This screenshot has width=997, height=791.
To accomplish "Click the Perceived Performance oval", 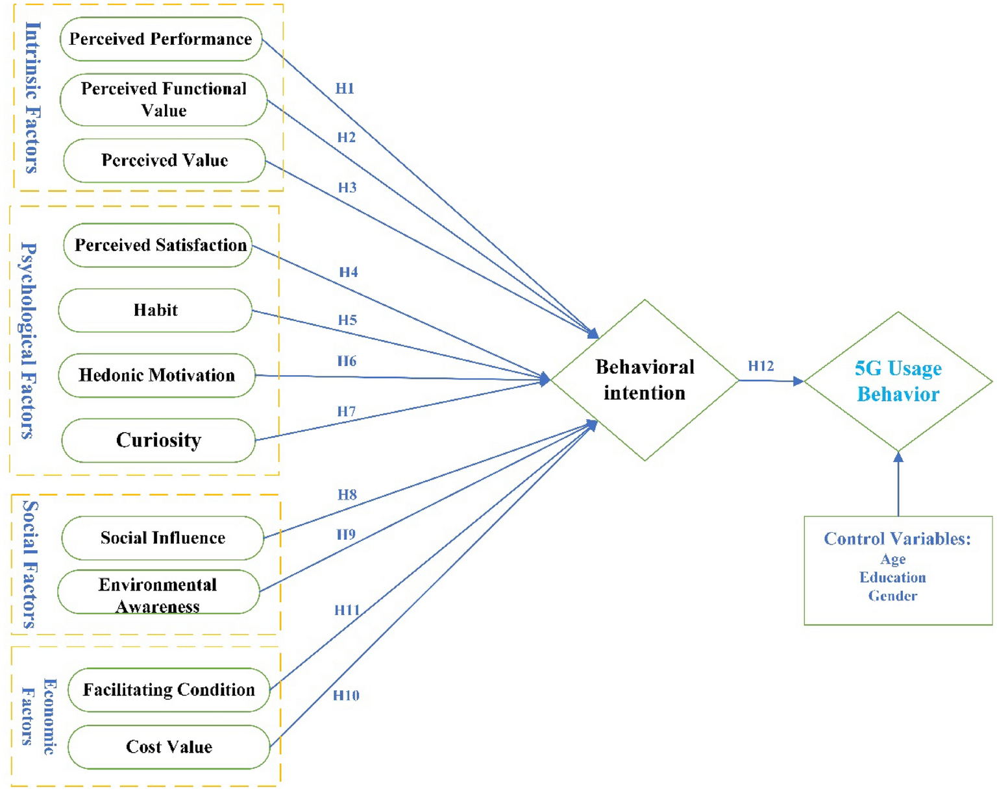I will coord(160,39).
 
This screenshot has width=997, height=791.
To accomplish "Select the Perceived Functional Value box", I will coord(164,99).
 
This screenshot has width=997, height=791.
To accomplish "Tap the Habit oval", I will coord(155,310).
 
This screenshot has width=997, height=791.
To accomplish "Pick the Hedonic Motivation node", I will coord(156,375).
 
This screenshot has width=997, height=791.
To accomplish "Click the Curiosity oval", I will coord(158,440).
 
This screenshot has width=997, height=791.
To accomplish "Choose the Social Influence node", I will coord(162,538).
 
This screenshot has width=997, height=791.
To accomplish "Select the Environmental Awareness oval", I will coord(158,592).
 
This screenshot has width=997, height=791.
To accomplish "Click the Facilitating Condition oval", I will coord(169,690).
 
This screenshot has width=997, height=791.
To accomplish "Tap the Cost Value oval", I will coord(169,747).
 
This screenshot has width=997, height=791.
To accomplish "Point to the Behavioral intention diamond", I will coord(644,380).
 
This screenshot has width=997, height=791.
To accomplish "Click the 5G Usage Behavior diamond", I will coord(898,382).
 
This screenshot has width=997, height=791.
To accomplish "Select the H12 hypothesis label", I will coord(761,366).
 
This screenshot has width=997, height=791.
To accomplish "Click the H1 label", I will coord(345,89).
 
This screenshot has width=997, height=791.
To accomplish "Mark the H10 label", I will coord(346,696).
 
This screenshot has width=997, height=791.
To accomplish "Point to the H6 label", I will coord(347,361).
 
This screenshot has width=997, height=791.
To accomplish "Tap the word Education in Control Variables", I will coord(892,578).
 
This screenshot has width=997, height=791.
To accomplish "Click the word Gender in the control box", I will coord(892,596).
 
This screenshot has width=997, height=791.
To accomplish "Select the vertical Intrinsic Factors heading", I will coord(32,97).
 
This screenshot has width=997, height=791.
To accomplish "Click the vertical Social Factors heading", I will coord(30,565).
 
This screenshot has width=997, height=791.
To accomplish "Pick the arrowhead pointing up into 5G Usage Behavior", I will coord(898,457).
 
